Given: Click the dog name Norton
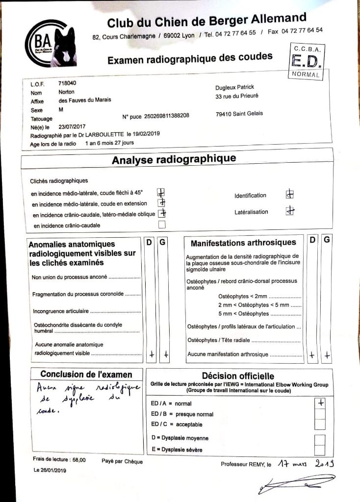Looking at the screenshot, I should point(66,92).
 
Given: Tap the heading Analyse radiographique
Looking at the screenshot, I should point(174,159).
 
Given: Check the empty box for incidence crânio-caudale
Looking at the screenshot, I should point(162,225).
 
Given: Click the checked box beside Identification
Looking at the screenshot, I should point(290,194).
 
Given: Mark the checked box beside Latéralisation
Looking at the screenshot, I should point(290,211).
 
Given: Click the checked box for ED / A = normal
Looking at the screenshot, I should point(320,402).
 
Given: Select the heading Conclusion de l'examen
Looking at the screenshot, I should point(86,374).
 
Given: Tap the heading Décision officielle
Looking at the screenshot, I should point(238,376).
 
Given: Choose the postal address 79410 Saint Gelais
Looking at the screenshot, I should point(239,114).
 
